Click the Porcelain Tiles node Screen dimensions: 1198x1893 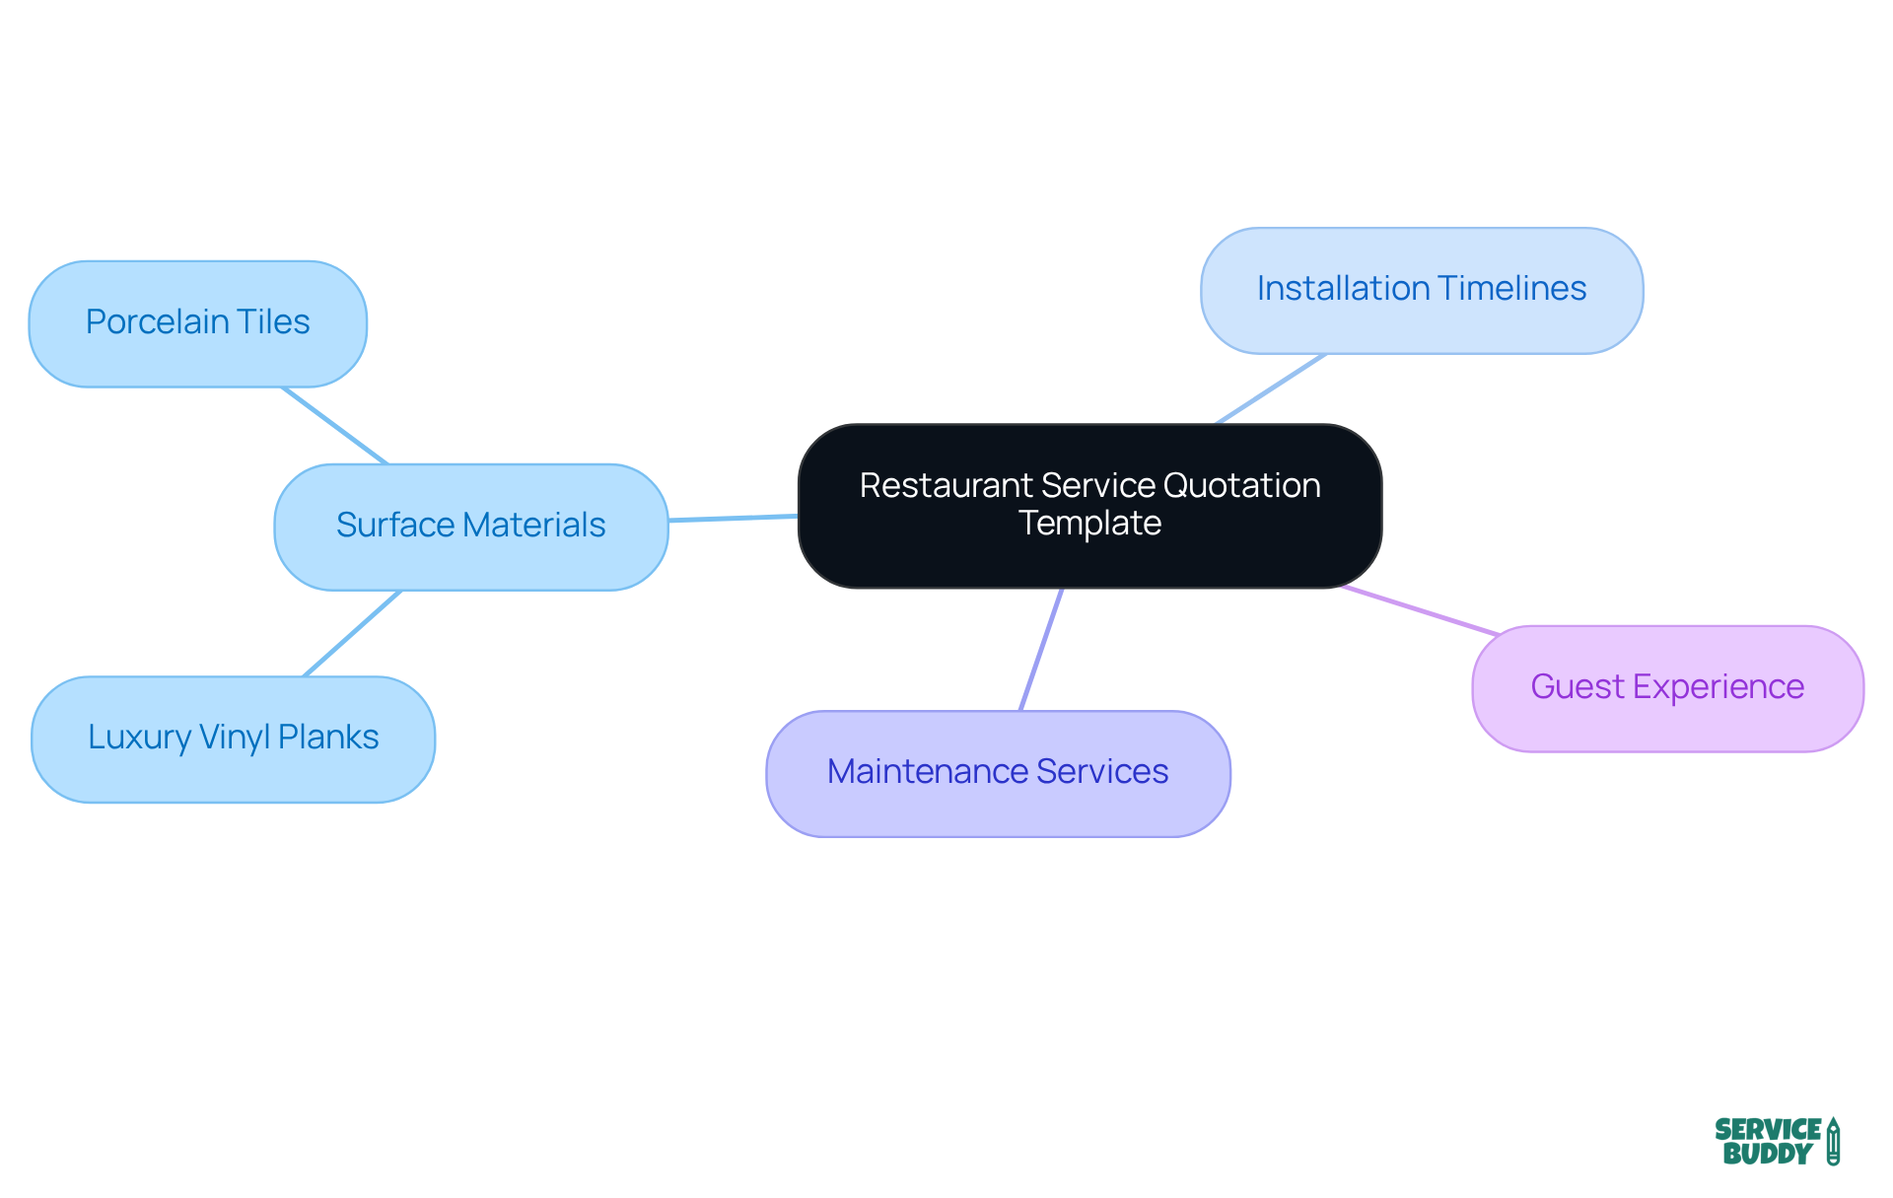(x=197, y=323)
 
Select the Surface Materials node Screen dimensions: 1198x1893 (x=470, y=527)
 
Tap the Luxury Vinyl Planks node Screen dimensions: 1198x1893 (x=233, y=739)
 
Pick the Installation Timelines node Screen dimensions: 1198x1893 (x=1421, y=290)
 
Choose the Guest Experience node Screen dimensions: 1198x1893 (x=1666, y=688)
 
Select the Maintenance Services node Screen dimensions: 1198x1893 (x=998, y=773)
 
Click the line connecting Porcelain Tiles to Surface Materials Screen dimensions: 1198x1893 (x=335, y=425)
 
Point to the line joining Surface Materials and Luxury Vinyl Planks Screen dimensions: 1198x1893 (x=352, y=633)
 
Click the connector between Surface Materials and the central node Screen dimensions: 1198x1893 (x=733, y=518)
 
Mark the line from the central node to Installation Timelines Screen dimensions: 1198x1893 (x=1271, y=388)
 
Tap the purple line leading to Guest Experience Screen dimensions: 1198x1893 (x=1420, y=610)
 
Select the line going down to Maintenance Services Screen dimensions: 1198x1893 (x=1041, y=649)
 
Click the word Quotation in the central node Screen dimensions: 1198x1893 (x=1241, y=486)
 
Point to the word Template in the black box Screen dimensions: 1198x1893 (x=1089, y=524)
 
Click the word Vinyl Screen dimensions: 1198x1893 (x=234, y=738)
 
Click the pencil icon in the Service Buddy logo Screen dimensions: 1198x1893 (x=1833, y=1142)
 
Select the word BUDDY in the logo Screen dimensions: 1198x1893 (x=1767, y=1155)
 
